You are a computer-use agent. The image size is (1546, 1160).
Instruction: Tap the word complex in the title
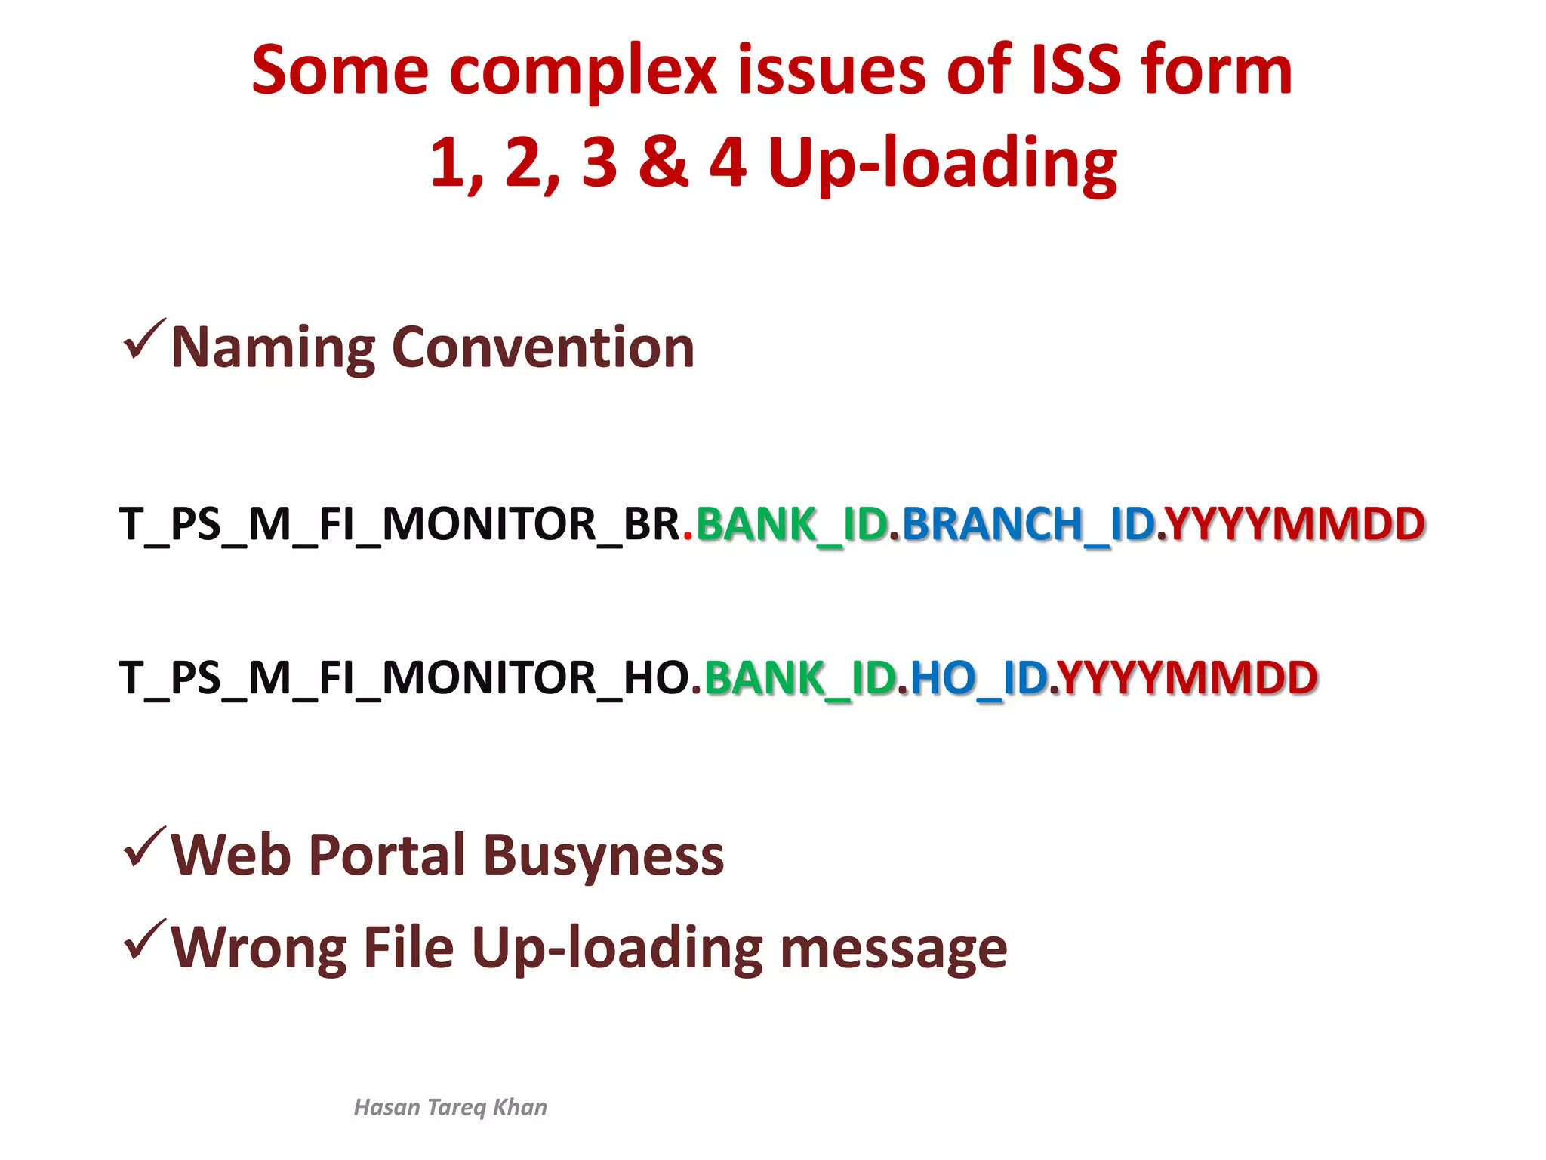pyautogui.click(x=583, y=72)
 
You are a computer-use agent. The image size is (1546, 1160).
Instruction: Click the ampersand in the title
pyautogui.click(x=664, y=162)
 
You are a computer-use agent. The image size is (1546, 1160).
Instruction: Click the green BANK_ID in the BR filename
pyautogui.click(x=791, y=524)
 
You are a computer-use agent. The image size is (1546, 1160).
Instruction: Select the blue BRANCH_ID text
pyautogui.click(x=1028, y=524)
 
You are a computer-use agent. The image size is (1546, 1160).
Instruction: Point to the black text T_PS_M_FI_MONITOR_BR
pyautogui.click(x=399, y=524)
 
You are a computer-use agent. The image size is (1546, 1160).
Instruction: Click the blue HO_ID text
pyautogui.click(x=978, y=677)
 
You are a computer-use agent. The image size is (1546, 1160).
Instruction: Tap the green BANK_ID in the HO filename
pyautogui.click(x=799, y=677)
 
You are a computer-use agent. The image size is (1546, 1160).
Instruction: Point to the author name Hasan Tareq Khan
pyautogui.click(x=450, y=1107)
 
